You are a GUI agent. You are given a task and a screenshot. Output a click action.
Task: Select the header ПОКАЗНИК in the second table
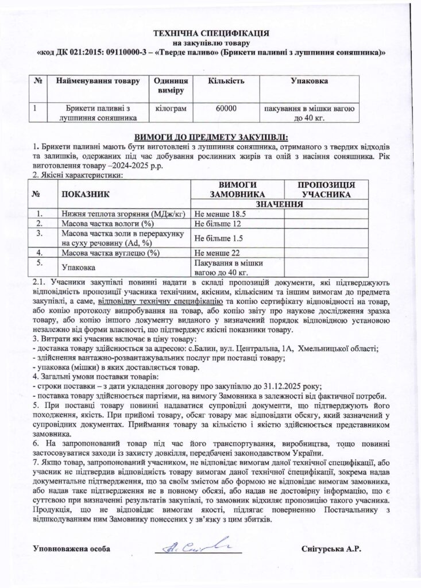pyautogui.click(x=85, y=196)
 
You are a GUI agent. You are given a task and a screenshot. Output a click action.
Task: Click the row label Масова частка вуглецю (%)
pyautogui.click(x=110, y=252)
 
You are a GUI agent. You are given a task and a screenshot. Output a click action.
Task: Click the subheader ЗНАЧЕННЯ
pyautogui.click(x=280, y=204)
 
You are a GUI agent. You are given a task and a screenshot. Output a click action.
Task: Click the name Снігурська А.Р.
pyautogui.click(x=331, y=549)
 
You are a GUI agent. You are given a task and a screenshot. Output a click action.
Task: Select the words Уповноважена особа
pyautogui.click(x=72, y=549)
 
